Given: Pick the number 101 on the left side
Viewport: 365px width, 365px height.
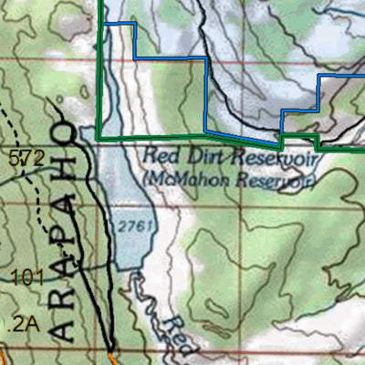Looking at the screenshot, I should click(x=27, y=274).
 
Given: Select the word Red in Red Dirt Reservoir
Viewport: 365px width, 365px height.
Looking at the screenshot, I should click(x=158, y=156).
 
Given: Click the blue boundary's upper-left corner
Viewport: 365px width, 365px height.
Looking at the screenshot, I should click(x=108, y=24).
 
